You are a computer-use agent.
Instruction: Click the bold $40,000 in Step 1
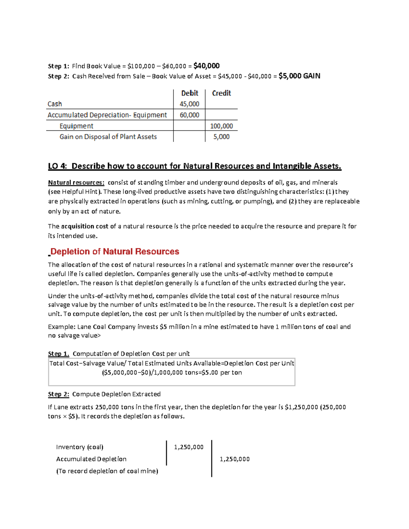(206, 66)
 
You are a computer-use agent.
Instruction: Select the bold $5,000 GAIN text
(299, 76)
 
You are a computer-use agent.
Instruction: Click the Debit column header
(190, 93)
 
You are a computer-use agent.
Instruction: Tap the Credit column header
(221, 93)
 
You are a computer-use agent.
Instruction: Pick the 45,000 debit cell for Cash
(190, 104)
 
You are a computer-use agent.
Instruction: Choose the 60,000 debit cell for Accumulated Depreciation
(190, 115)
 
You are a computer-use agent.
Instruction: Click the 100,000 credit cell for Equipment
(221, 126)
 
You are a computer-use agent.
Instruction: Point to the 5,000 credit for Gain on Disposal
(221, 137)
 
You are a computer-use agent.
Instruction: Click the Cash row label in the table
(55, 104)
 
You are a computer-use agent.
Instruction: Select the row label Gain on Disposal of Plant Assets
(108, 137)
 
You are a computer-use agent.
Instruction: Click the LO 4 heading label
(58, 166)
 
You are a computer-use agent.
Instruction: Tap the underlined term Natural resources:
(76, 183)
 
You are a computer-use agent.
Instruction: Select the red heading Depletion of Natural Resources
(115, 252)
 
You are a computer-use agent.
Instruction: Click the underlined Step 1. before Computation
(58, 354)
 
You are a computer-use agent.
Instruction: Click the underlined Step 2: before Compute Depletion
(58, 394)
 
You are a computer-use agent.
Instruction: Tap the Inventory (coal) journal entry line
(80, 447)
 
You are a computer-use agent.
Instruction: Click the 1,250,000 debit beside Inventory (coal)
(188, 447)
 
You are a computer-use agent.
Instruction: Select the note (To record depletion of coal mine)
(107, 471)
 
